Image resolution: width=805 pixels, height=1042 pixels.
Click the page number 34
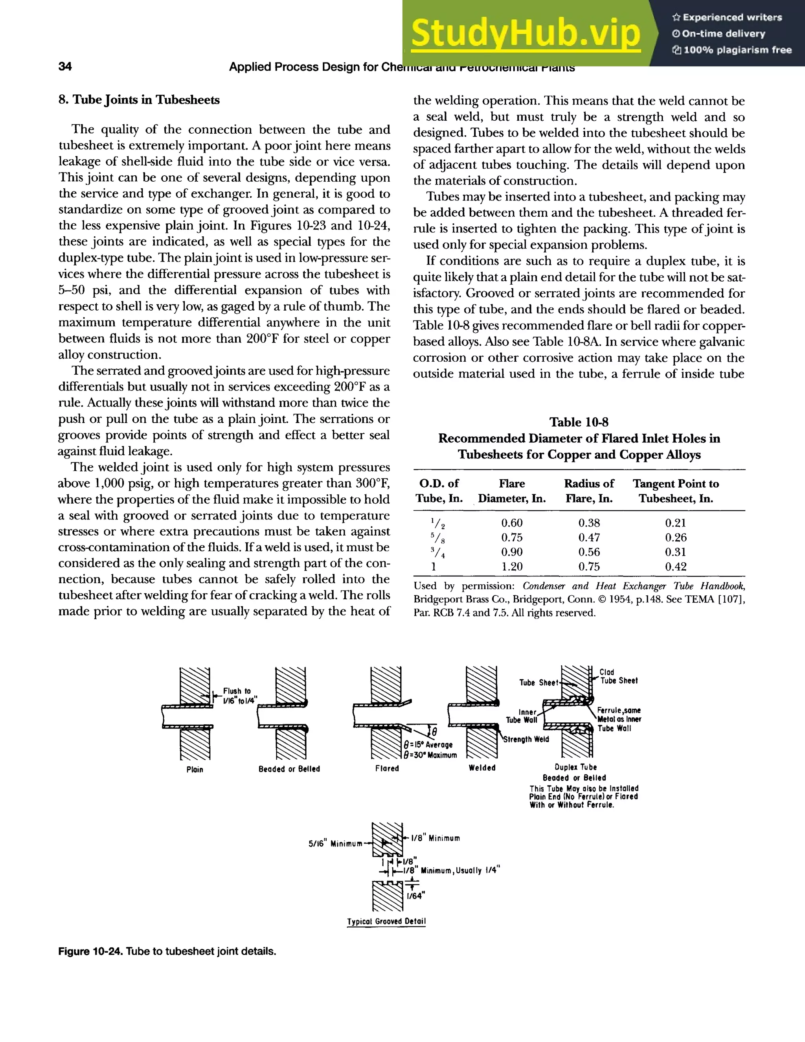pos(65,66)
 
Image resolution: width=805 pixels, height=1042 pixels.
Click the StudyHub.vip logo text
pos(525,33)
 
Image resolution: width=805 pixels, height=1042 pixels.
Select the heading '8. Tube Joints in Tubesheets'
pos(139,100)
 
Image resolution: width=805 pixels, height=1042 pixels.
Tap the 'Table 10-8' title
pos(579,422)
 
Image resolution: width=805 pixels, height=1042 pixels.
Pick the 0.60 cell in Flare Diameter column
pos(511,523)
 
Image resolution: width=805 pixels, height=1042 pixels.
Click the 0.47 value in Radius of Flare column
pos(589,537)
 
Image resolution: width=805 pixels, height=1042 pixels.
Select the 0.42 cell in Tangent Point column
pos(676,566)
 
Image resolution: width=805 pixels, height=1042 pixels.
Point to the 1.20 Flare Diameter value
pos(511,566)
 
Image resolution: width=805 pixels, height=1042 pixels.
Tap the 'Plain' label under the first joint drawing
pos(195,769)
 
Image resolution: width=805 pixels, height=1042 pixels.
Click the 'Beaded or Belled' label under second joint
pos(289,769)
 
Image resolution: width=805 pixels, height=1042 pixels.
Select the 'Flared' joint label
pos(387,768)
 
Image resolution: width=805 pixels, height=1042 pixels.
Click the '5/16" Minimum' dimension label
pos(335,843)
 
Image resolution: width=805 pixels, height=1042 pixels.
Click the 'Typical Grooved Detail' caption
pos(386,921)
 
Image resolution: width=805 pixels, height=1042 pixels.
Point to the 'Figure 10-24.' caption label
pos(91,951)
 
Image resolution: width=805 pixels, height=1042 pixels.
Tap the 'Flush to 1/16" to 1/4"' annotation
pos(239,696)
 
